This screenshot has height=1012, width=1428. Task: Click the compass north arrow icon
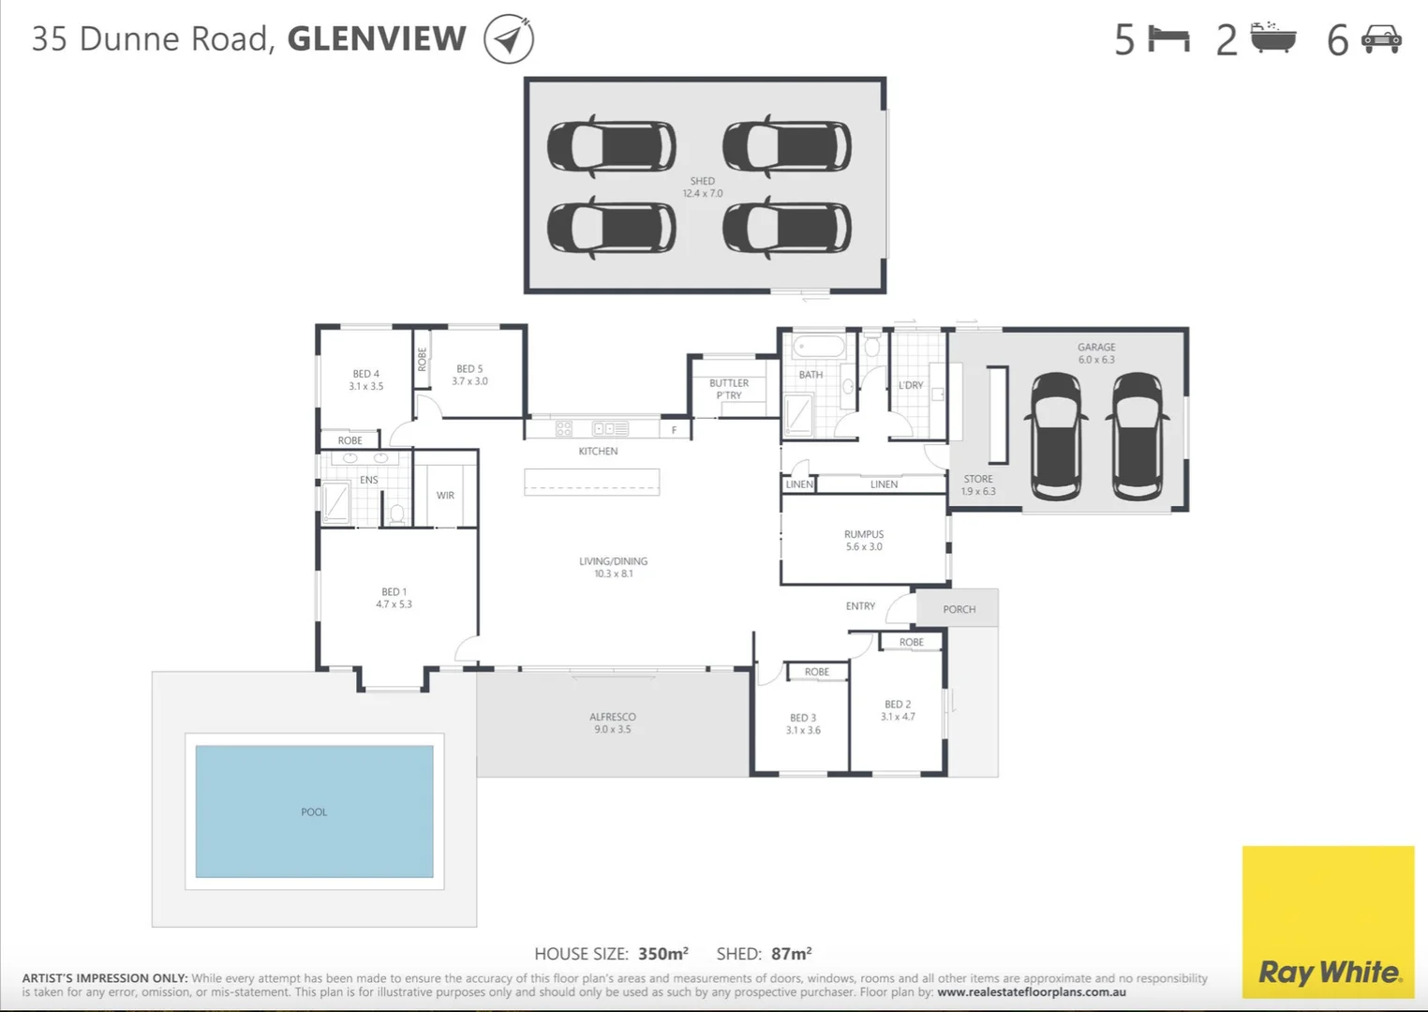(509, 39)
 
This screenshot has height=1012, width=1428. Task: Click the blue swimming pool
(314, 811)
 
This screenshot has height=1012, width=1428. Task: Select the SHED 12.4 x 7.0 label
(703, 187)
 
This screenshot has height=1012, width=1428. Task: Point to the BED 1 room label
(394, 598)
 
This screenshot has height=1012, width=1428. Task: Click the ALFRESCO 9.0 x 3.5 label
(613, 722)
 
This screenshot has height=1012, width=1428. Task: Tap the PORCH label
(959, 609)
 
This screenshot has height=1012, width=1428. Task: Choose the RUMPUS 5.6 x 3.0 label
(863, 541)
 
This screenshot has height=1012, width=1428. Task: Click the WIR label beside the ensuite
(445, 495)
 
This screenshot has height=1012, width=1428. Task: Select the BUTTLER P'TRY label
(729, 389)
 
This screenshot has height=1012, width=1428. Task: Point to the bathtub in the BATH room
(819, 348)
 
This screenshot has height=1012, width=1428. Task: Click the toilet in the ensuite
(396, 513)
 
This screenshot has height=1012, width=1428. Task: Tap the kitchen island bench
(591, 482)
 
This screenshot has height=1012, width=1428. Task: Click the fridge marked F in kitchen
(674, 429)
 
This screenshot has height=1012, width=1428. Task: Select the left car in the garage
(1056, 436)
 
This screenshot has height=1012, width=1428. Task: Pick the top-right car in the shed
(787, 147)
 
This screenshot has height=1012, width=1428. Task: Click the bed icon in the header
(1168, 39)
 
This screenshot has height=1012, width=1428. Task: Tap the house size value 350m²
(662, 954)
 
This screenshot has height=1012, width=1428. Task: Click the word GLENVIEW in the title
(377, 39)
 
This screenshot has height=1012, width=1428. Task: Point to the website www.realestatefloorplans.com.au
(1031, 991)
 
